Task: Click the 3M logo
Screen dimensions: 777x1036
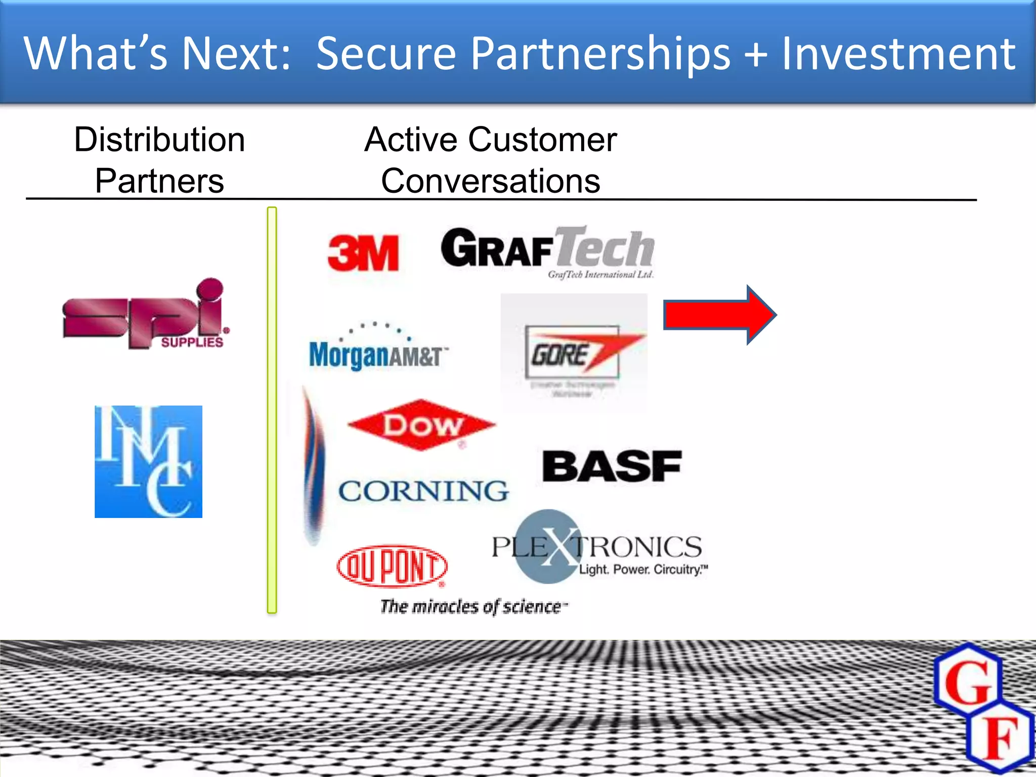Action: (363, 253)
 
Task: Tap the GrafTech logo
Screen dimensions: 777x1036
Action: (548, 250)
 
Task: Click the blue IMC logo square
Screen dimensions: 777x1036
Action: (148, 461)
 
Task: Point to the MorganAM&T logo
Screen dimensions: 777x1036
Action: (377, 350)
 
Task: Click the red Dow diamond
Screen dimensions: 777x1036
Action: (421, 425)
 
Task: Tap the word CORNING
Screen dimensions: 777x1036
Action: (423, 491)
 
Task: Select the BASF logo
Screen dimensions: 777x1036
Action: (612, 466)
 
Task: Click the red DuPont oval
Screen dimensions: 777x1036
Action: (392, 566)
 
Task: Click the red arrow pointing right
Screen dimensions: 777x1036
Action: (719, 315)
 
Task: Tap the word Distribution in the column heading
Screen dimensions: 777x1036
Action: (159, 140)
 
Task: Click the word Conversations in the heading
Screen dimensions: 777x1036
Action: (490, 181)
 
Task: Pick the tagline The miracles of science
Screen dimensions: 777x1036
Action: (473, 606)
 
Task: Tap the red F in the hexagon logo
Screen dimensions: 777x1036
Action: (999, 738)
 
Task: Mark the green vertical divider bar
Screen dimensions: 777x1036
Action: (272, 410)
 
